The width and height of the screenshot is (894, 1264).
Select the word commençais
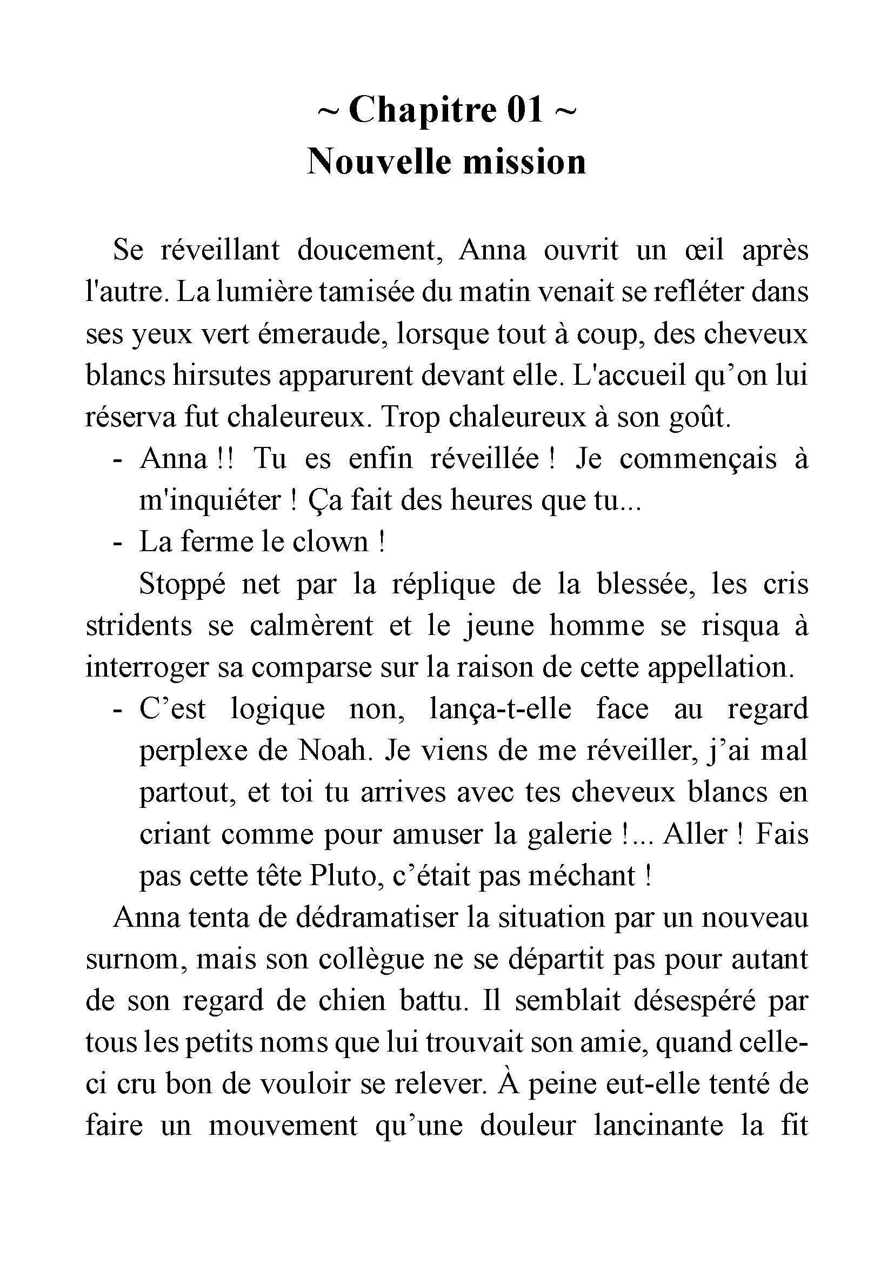click(698, 459)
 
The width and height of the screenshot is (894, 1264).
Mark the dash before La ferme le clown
click(117, 542)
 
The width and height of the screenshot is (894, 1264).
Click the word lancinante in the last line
click(659, 1126)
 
